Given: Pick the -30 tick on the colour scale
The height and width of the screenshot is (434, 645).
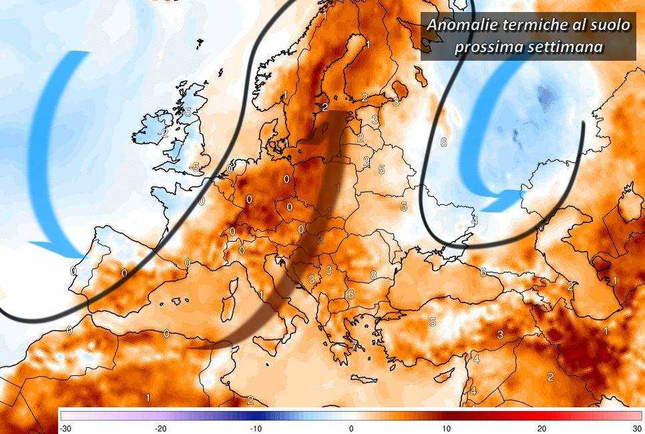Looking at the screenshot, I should pyautogui.click(x=65, y=428).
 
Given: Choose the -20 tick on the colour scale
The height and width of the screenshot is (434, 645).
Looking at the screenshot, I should pyautogui.click(x=161, y=428).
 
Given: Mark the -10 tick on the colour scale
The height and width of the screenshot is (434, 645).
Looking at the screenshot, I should pyautogui.click(x=256, y=428).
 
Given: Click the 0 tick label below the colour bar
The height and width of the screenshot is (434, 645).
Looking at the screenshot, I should pyautogui.click(x=351, y=428).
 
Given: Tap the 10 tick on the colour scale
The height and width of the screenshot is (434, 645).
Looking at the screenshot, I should pyautogui.click(x=446, y=428).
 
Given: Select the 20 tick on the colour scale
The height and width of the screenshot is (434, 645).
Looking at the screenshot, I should pyautogui.click(x=542, y=428).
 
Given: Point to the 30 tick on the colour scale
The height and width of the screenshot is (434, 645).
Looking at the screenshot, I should pyautogui.click(x=636, y=428).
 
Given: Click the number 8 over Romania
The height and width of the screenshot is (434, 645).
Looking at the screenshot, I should pyautogui.click(x=373, y=274).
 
